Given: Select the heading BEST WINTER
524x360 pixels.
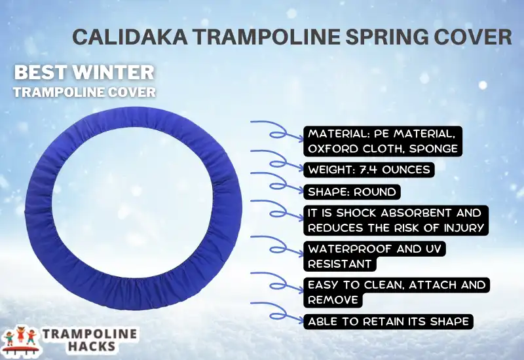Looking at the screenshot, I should [84, 71].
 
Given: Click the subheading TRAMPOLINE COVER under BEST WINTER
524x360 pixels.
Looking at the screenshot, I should [84, 92].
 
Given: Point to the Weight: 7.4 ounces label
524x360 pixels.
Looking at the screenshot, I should [369, 170].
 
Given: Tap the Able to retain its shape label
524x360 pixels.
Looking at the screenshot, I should [387, 321].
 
